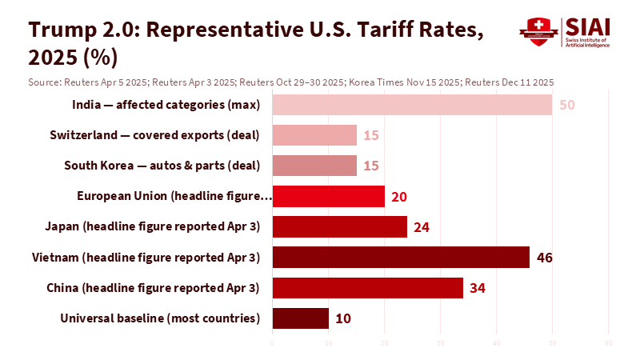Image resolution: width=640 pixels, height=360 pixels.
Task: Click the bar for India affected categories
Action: pyautogui.click(x=412, y=105)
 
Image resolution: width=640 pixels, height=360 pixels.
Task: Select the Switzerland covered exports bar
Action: pyautogui.click(x=314, y=135)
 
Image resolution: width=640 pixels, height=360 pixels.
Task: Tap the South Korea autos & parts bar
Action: pyautogui.click(x=314, y=166)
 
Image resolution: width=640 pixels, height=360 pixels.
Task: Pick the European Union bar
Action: pyautogui.click(x=328, y=196)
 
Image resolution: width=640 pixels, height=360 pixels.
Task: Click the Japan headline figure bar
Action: pyautogui.click(x=339, y=226)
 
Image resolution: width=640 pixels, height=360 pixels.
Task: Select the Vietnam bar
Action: pyautogui.click(x=401, y=257)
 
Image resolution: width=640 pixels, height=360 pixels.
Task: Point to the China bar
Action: pyautogui.click(x=367, y=287)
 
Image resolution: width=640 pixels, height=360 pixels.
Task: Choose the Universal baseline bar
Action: pyautogui.click(x=300, y=318)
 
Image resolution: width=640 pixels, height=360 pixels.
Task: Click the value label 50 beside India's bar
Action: pyautogui.click(x=567, y=105)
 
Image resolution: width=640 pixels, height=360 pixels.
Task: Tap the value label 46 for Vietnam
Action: pyautogui.click(x=545, y=257)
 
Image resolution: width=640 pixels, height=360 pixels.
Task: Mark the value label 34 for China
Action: pyautogui.click(x=478, y=287)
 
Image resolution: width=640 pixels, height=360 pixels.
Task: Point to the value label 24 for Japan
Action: pyautogui.click(x=422, y=226)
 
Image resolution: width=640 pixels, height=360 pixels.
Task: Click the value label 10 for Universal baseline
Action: pyautogui.click(x=342, y=318)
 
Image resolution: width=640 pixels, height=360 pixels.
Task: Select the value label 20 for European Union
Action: pyautogui.click(x=399, y=196)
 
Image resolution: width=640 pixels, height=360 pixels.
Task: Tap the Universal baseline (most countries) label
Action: pyautogui.click(x=160, y=318)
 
